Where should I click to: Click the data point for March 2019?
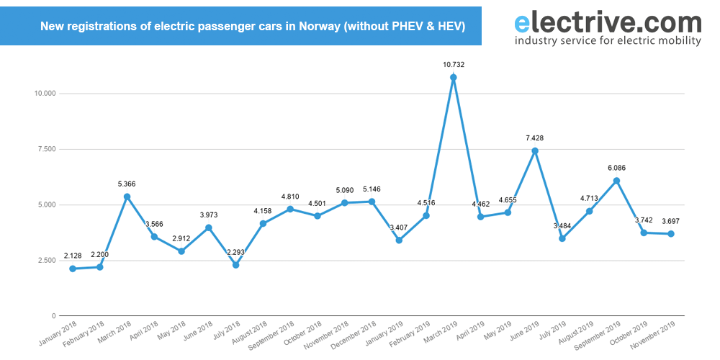[x=453, y=77]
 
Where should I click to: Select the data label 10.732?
[x=453, y=64]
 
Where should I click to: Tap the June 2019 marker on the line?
[x=535, y=150]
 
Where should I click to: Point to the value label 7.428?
[x=535, y=138]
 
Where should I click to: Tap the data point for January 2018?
[x=72, y=269]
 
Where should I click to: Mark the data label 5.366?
[x=127, y=184]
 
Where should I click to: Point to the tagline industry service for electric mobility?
[x=608, y=41]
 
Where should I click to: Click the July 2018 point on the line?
[x=235, y=265]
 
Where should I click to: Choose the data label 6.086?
[x=616, y=168]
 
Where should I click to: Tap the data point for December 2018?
[x=372, y=202]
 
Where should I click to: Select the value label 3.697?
[x=671, y=220]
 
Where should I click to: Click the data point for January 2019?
[x=399, y=240]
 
